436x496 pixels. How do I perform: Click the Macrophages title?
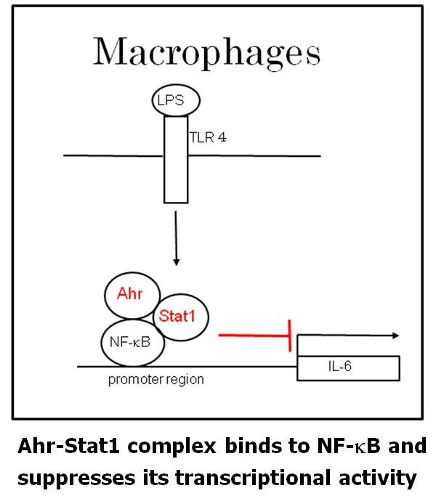click(x=206, y=52)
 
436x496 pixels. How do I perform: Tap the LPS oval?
click(x=175, y=101)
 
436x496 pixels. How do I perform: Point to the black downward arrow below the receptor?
click(x=176, y=243)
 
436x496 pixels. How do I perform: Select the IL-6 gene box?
click(x=348, y=367)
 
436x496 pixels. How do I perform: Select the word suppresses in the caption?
click(x=76, y=478)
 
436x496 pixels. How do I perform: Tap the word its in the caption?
click(x=154, y=478)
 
